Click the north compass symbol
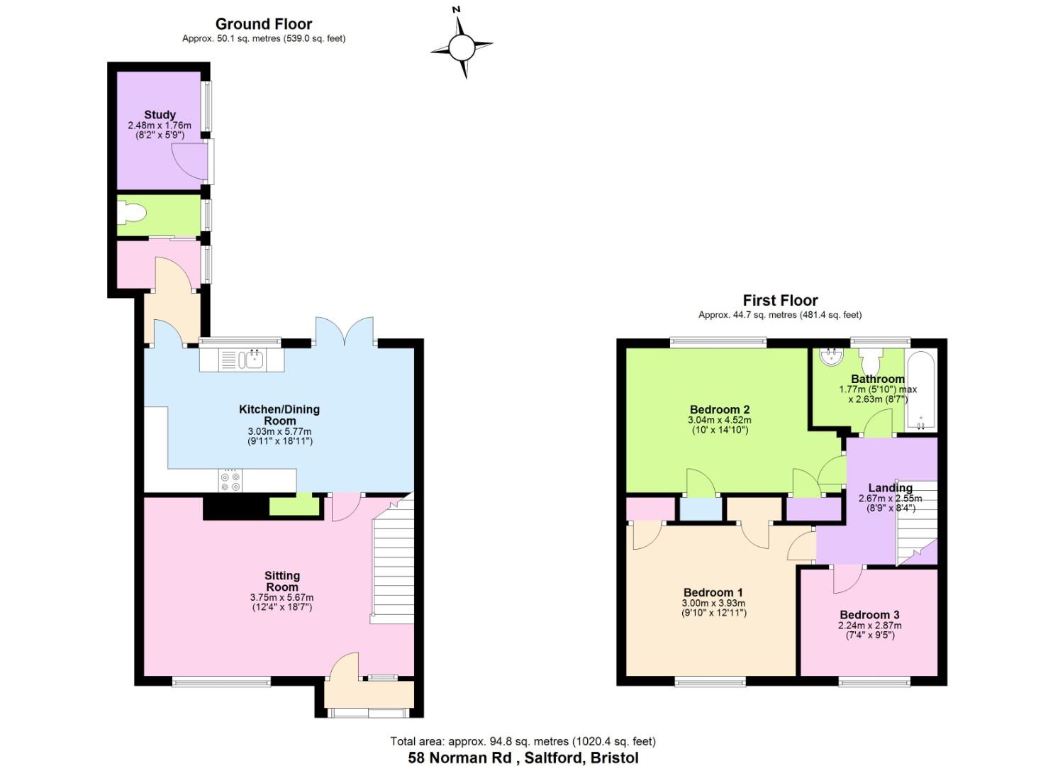(x=461, y=47)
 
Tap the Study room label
(x=160, y=114)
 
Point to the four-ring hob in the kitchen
(x=230, y=481)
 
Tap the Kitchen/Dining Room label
(x=279, y=415)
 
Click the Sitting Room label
(x=282, y=582)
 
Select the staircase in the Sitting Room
(x=391, y=560)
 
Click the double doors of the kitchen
(x=345, y=332)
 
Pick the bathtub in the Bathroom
(x=922, y=390)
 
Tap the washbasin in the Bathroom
(x=828, y=357)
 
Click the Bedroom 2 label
(x=720, y=409)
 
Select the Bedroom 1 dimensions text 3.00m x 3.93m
(x=714, y=604)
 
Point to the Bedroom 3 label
(x=869, y=615)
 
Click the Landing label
(x=890, y=487)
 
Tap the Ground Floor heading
(x=264, y=24)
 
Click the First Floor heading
(x=780, y=300)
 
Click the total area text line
(x=523, y=741)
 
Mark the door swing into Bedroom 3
(x=845, y=579)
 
